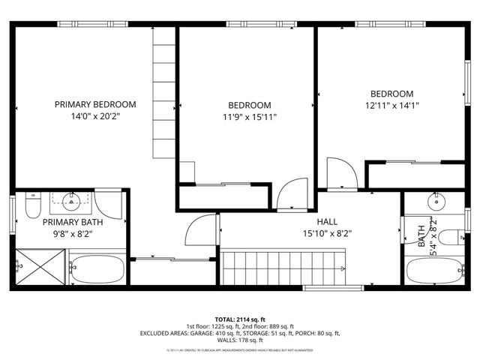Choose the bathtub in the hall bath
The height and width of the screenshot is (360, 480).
click(434, 270)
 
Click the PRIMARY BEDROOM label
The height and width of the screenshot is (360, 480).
click(94, 104)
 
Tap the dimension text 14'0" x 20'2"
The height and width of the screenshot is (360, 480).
click(94, 116)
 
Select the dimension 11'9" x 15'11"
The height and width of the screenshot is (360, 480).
click(250, 117)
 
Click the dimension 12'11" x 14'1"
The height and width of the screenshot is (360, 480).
click(391, 106)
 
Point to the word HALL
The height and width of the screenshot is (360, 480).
click(327, 221)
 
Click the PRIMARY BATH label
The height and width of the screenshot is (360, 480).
click(73, 222)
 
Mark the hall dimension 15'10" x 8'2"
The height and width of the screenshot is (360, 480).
click(327, 233)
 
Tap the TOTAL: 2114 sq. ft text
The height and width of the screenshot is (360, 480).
click(241, 319)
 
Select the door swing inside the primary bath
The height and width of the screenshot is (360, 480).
click(109, 203)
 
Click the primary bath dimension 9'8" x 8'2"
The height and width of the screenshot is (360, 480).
click(73, 234)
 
